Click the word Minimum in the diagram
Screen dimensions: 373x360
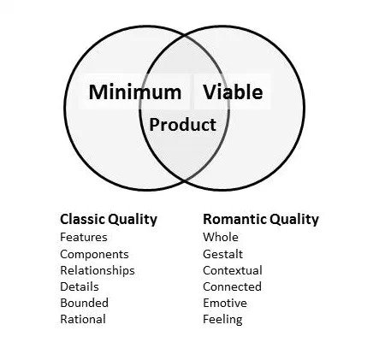tap(135, 92)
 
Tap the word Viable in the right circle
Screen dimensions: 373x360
tap(233, 91)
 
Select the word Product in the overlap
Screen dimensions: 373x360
tap(182, 125)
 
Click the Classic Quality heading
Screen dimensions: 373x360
tap(109, 220)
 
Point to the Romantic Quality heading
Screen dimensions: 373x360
tap(261, 220)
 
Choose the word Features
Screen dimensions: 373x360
tap(84, 237)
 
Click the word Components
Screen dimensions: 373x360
tap(94, 254)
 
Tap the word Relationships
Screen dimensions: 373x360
tap(98, 270)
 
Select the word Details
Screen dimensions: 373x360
tap(80, 286)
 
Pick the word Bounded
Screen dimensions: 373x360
tap(84, 303)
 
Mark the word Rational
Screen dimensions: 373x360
tap(83, 319)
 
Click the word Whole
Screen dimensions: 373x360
tap(221, 237)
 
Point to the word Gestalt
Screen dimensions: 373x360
tap(222, 254)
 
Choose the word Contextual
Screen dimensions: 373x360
tap(233, 270)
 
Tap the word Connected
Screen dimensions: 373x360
tap(232, 286)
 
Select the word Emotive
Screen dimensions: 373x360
tap(225, 303)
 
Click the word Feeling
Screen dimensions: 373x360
tap(222, 320)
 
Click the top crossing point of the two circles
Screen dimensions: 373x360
tap(185, 37)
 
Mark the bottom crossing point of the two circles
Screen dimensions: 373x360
tap(185, 180)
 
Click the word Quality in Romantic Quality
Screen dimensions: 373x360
tap(294, 220)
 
